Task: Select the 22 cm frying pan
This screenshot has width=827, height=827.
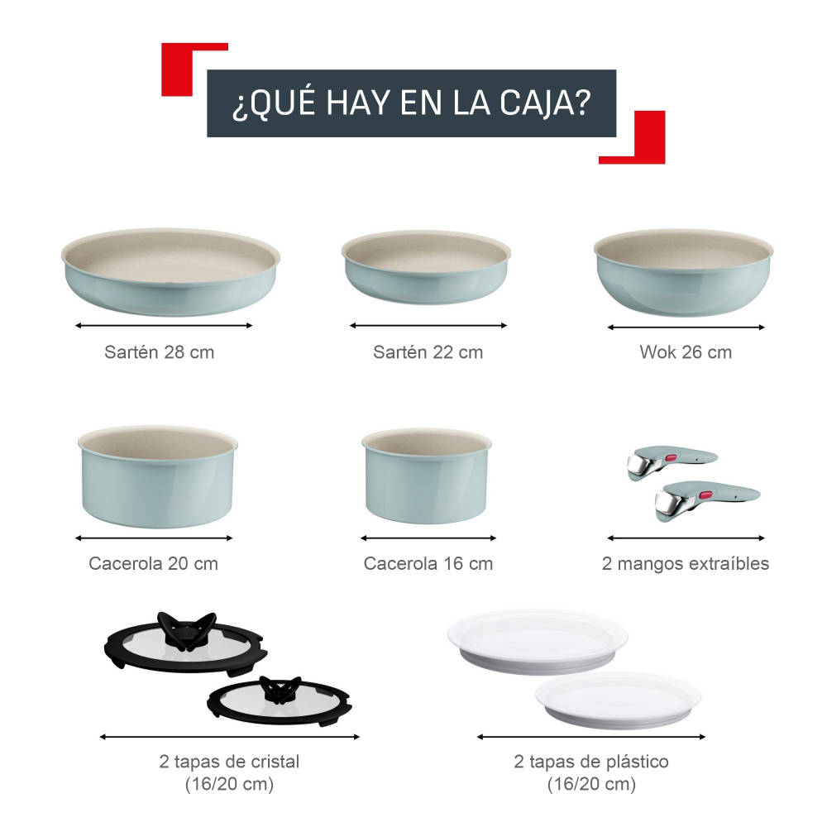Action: pos(427,267)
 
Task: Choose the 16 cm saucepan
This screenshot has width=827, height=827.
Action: pos(427,476)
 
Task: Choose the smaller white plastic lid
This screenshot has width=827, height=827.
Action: pos(617,699)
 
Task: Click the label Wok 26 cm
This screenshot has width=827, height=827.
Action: pos(686,352)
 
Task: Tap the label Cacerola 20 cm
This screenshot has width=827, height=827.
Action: pos(154,564)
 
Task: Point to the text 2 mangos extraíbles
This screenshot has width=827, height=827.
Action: pos(686,564)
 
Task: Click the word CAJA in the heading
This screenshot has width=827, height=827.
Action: pos(545,105)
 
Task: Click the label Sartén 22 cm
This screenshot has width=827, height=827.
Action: pos(428,352)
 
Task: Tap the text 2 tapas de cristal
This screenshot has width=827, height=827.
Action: pos(229,762)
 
